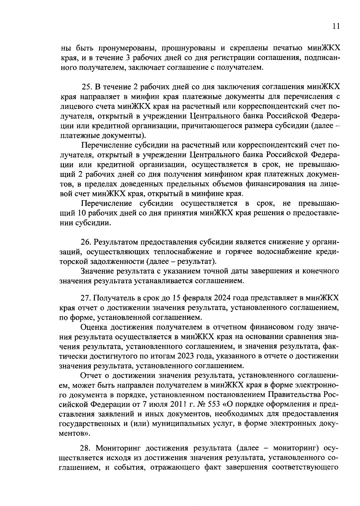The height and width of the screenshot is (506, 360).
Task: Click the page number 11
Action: click(x=336, y=26)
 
